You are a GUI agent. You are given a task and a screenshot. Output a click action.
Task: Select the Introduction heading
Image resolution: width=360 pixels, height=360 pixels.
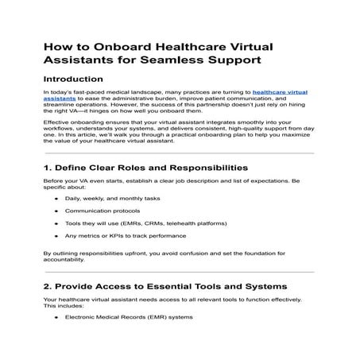(x=72, y=79)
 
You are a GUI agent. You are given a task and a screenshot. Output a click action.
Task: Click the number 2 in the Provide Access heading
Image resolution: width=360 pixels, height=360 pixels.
(x=47, y=308)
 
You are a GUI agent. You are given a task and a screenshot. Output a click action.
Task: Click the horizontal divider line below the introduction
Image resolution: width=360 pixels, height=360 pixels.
(x=179, y=153)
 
